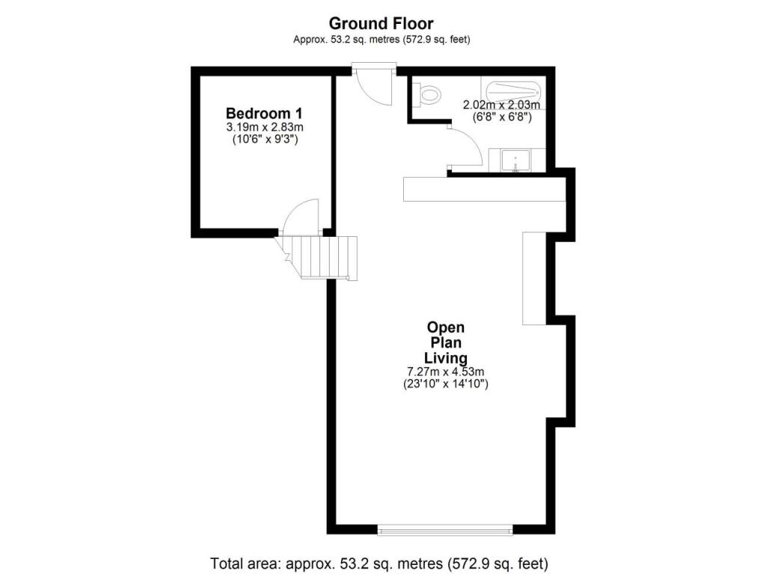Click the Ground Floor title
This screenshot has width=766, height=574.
tap(381, 23)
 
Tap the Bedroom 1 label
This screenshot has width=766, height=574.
tap(264, 114)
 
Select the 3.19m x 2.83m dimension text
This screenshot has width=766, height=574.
tap(265, 127)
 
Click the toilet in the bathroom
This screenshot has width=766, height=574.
tap(427, 93)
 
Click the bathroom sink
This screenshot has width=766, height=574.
tap(515, 161)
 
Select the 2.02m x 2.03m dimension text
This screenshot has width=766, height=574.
tap(501, 105)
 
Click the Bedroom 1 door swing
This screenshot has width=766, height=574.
tap(301, 217)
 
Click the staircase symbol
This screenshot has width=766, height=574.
tap(316, 257)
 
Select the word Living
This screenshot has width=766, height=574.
tap(446, 358)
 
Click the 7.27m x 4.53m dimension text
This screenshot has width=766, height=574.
tap(446, 372)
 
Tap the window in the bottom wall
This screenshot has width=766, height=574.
tap(446, 530)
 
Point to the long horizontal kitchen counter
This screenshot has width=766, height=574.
tap(485, 189)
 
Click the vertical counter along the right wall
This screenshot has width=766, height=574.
tap(534, 278)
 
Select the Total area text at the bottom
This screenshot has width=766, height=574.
tap(379, 564)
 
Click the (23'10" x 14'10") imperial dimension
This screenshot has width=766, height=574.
tap(446, 383)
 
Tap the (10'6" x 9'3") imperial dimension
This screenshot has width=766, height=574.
tap(265, 139)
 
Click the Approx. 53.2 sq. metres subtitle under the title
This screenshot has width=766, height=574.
tap(382, 40)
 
